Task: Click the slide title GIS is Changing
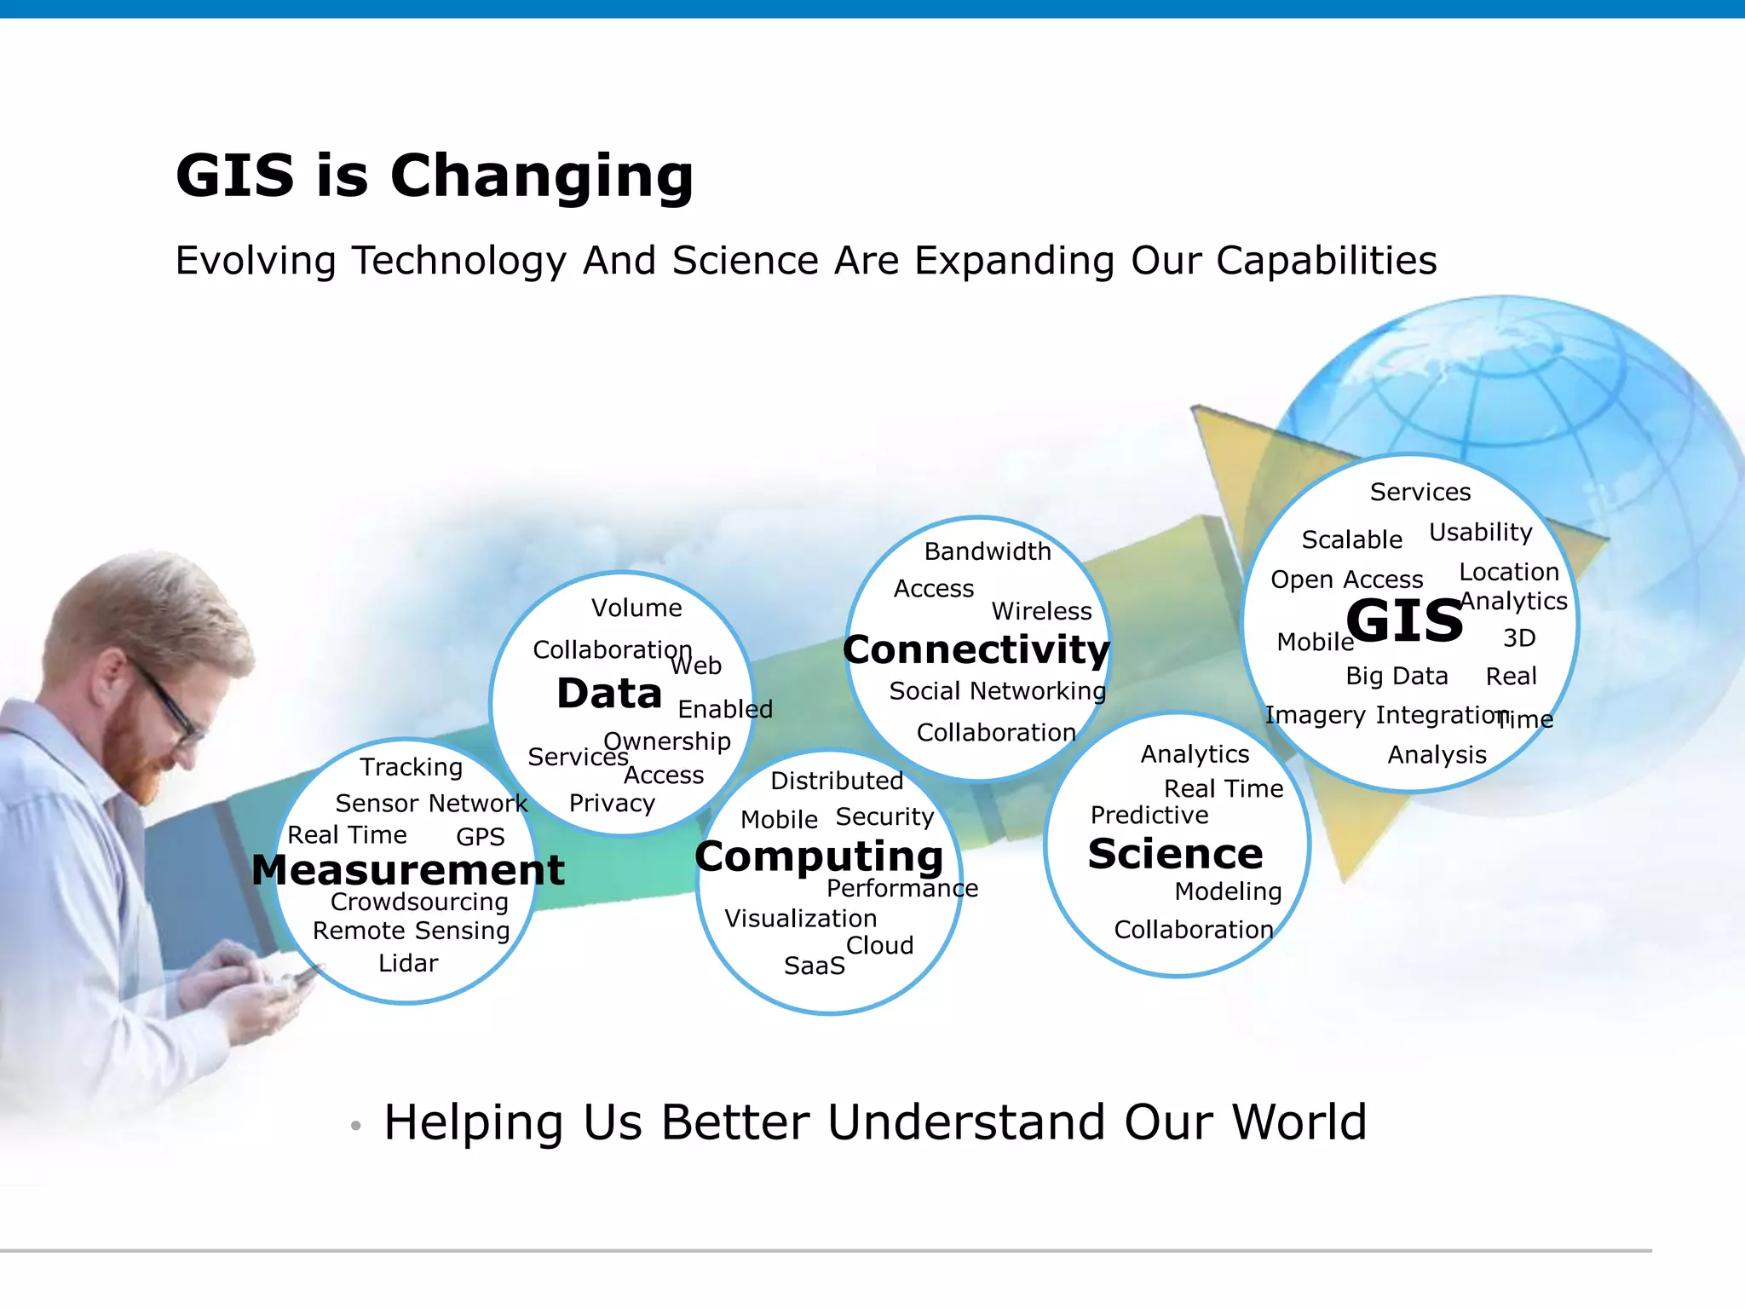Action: pyautogui.click(x=435, y=176)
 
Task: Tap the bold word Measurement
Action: pyautogui.click(x=408, y=870)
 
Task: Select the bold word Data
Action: pyautogui.click(x=609, y=694)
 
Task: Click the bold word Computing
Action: pyautogui.click(x=819, y=856)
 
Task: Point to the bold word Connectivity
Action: pyautogui.click(x=976, y=650)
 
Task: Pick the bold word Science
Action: pyautogui.click(x=1175, y=854)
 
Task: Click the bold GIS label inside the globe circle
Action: pyautogui.click(x=1404, y=621)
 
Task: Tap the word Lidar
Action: pyautogui.click(x=408, y=964)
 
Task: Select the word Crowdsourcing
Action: pyautogui.click(x=419, y=902)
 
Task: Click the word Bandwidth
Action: pyautogui.click(x=988, y=552)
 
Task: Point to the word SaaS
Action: pyautogui.click(x=815, y=966)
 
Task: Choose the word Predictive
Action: pyautogui.click(x=1149, y=816)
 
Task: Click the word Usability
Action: pyautogui.click(x=1481, y=533)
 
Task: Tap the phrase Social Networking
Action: pyautogui.click(x=997, y=691)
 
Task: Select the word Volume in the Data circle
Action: pyautogui.click(x=636, y=608)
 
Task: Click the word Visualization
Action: pyautogui.click(x=800, y=919)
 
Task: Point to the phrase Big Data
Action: pyautogui.click(x=1397, y=677)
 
